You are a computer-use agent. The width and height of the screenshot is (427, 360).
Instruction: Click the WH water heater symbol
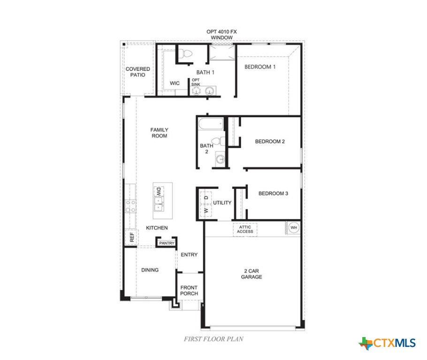point(294,228)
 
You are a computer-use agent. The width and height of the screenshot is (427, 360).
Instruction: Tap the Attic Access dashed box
point(245,229)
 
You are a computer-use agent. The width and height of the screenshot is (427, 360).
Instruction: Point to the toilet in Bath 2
point(217,141)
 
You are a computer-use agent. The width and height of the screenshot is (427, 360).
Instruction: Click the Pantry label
point(167,243)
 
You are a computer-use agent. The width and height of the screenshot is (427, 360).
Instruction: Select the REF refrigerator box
point(131,238)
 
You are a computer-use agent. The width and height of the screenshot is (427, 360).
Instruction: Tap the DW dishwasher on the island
point(159,191)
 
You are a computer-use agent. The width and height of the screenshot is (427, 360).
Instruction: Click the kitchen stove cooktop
point(130,206)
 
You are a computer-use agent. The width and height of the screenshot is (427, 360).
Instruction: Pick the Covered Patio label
point(138,72)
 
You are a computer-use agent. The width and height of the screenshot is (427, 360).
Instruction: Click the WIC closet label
point(175,83)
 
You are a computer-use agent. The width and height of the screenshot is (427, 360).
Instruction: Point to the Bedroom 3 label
point(273,193)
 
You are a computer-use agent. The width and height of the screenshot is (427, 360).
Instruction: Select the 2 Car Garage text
point(252,274)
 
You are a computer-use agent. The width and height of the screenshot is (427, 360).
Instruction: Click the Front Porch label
point(189,291)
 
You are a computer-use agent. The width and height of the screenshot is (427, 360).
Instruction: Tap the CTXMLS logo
point(388,343)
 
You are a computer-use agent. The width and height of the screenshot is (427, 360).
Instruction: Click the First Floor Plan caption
point(213,338)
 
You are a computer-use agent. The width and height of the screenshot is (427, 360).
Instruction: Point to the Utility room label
point(222,203)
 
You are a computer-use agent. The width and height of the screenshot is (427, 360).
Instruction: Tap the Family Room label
point(159,133)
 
